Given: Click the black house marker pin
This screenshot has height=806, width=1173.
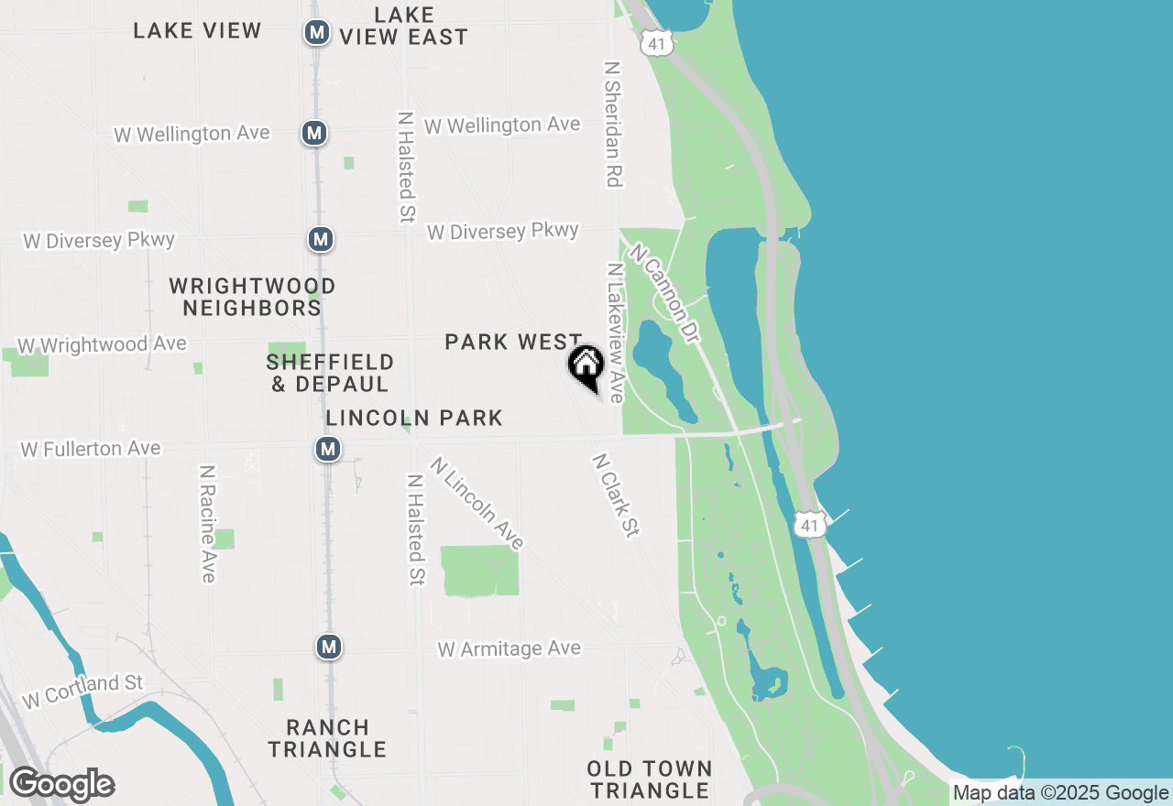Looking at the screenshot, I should pos(586,365).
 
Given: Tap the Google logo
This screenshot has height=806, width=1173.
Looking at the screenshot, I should pos(61,785).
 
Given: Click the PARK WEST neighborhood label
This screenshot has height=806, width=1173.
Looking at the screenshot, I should pos(513,342).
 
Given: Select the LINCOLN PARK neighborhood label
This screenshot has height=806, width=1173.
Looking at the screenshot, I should pos(414,419).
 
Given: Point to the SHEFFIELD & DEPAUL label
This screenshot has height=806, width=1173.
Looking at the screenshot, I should pos(330,373).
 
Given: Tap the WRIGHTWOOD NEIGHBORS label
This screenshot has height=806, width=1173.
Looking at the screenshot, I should pos(252,298).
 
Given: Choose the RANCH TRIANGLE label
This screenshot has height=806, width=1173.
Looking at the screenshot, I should pos(327,738).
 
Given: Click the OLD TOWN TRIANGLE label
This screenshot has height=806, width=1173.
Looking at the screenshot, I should pos(650,779).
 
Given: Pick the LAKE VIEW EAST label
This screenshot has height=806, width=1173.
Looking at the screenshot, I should pos(404,27).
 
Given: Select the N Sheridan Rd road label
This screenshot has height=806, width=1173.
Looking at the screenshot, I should pos(613,125).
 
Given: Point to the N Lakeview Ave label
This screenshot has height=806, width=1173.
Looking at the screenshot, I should pos(615,333).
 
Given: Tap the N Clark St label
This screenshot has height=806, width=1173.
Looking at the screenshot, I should pos(615,495).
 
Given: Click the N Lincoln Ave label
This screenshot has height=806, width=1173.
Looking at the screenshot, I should pos(477,504).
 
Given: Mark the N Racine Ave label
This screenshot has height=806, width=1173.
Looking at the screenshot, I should pos(208,523).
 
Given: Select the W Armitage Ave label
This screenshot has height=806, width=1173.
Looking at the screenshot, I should pos(509,649).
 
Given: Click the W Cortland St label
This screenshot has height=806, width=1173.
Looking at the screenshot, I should pos(83,691).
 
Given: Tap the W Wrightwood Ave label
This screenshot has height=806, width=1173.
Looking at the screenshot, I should pos(102,345).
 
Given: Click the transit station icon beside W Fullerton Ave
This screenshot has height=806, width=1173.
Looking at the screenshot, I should pos(328,449).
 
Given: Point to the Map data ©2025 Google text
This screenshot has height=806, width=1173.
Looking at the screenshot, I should pos(1060,793).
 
